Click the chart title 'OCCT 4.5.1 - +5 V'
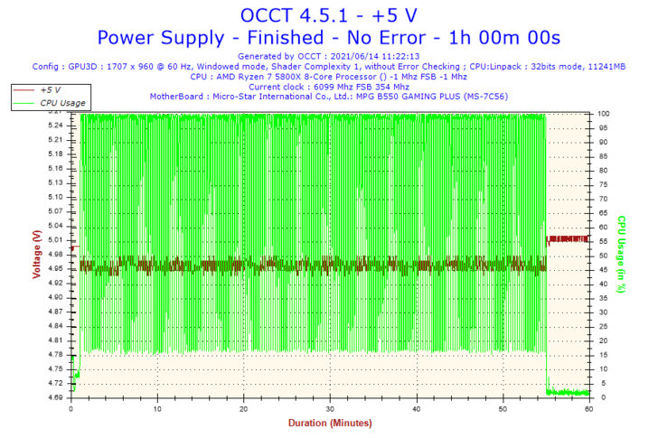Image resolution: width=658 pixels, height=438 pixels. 328,14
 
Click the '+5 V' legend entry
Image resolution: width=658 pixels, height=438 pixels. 50,90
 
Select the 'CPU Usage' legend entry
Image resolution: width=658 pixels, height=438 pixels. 62,103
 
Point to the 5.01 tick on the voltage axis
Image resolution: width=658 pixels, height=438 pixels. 55,240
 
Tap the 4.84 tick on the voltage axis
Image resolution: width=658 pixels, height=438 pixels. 55,326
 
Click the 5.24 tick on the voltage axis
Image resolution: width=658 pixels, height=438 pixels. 55,126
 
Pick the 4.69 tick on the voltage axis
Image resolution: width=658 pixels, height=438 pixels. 55,397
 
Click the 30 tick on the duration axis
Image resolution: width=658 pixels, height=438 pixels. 330,408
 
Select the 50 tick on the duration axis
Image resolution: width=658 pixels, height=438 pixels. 503,408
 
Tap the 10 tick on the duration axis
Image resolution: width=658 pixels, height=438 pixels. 157,408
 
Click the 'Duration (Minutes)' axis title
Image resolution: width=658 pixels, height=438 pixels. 329,423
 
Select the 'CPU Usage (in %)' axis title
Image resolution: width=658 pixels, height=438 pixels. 622,255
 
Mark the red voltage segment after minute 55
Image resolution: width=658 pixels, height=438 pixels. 567,239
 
